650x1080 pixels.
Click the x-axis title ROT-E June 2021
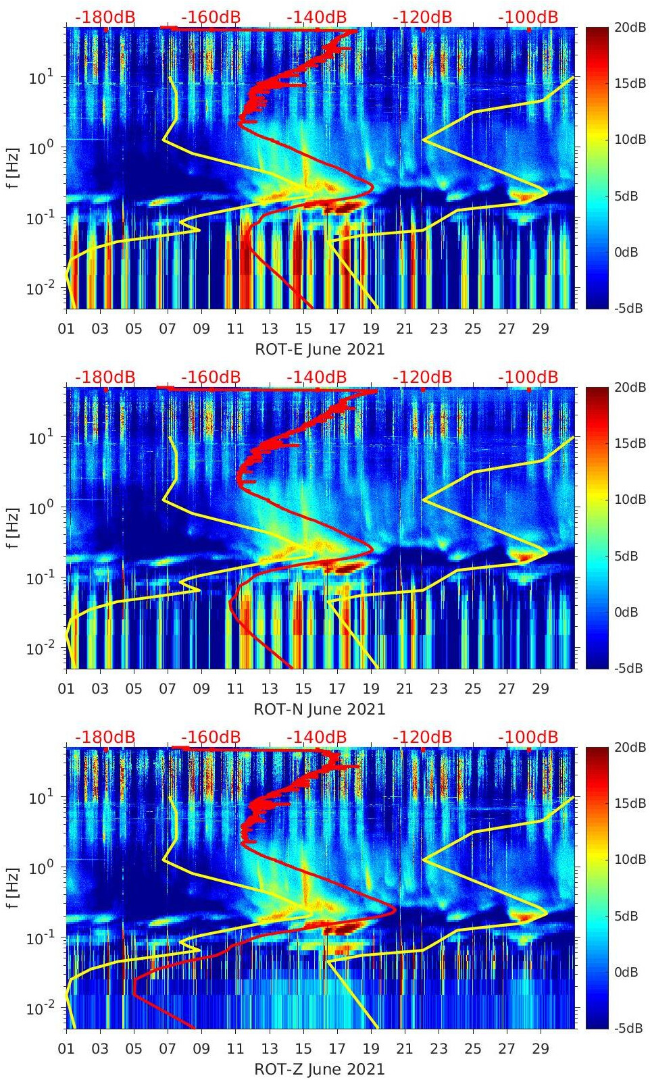click(x=319, y=349)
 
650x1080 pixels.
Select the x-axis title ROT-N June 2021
click(x=319, y=709)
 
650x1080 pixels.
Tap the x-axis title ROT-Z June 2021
click(x=319, y=1069)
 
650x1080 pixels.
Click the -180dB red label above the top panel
click(x=105, y=17)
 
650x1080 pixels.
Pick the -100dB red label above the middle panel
click(x=528, y=377)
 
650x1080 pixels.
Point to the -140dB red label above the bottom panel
click(x=316, y=737)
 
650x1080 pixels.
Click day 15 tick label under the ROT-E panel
click(x=303, y=329)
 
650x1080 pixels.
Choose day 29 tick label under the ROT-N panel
click(x=541, y=689)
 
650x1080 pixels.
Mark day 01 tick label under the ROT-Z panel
click(x=66, y=1049)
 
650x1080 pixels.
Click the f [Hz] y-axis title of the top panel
click(x=13, y=168)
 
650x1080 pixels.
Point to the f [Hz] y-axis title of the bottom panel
click(x=13, y=888)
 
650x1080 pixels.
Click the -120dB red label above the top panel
click(x=422, y=17)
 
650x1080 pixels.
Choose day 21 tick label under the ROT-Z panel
click(x=405, y=1049)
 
